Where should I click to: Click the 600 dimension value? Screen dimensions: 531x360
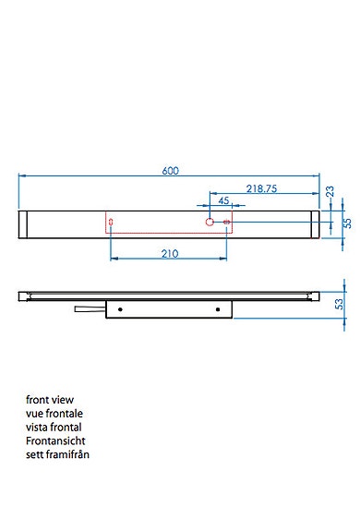click(x=170, y=169)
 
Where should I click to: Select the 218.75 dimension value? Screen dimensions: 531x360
click(x=259, y=187)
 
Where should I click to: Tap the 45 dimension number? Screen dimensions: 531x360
click(x=223, y=200)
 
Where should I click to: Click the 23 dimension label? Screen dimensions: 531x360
click(x=330, y=191)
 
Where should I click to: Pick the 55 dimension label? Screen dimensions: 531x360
click(x=347, y=223)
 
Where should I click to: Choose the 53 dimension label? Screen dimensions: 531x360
click(x=339, y=303)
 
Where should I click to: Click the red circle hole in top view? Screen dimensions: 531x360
click(x=210, y=223)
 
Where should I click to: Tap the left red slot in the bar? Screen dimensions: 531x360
click(x=111, y=223)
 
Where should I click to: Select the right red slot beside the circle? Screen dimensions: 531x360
click(x=226, y=223)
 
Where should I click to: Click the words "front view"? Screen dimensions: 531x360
click(x=51, y=401)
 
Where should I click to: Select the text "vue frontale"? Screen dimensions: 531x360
click(x=54, y=414)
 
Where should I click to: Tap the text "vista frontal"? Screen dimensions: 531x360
click(x=54, y=428)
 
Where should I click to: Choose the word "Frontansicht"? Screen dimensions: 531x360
click(x=56, y=441)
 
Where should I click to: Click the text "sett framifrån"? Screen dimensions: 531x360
click(x=58, y=454)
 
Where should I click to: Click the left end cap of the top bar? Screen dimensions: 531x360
click(x=24, y=223)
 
